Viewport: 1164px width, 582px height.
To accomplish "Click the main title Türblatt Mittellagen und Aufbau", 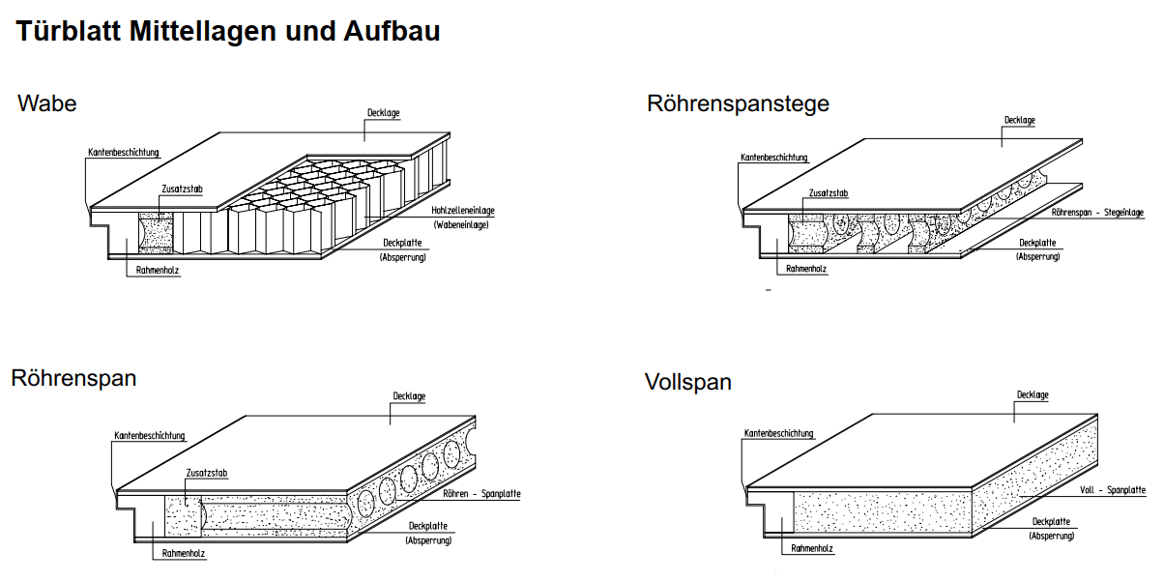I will tap(228, 31).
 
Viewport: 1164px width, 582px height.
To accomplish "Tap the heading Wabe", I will tap(47, 103).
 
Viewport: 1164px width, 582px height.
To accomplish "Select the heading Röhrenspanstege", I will tap(738, 103).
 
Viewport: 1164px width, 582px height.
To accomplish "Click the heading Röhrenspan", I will tap(73, 378).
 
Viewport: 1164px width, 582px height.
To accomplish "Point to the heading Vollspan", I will tap(687, 382).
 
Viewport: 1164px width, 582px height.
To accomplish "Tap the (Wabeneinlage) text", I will tap(460, 225).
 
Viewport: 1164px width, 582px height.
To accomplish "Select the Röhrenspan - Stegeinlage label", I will tap(1097, 212).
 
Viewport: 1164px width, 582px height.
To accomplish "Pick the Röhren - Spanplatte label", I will tap(481, 494).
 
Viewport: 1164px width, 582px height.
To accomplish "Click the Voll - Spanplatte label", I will tap(1112, 491).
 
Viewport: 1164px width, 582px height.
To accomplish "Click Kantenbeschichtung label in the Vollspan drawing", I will tap(778, 433).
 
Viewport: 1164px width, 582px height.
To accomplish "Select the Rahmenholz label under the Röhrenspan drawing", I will tap(184, 554).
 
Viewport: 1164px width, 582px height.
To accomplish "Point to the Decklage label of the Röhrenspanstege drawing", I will tap(1019, 121).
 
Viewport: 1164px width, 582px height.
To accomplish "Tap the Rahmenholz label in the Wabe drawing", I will tap(158, 272).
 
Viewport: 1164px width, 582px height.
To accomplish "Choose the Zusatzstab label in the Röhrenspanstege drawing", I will tap(828, 193).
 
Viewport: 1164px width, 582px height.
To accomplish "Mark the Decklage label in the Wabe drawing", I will tap(383, 113).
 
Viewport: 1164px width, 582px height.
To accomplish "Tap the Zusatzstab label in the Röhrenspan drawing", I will tap(206, 473).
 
